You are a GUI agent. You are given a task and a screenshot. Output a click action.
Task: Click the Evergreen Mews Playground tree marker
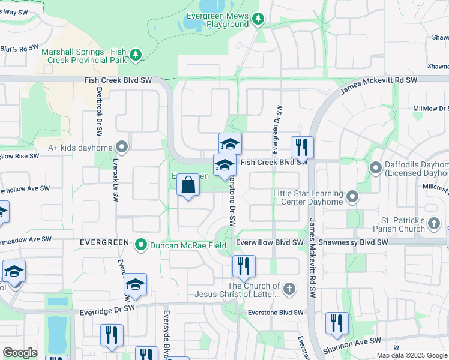[258, 19]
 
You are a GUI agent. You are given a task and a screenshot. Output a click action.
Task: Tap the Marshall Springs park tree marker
[136, 55]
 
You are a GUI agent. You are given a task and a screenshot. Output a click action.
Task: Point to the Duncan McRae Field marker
[141, 245]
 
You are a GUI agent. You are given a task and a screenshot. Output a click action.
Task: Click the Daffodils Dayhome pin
[376, 167]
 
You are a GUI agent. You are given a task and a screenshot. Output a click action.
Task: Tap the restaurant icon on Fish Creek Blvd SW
[301, 147]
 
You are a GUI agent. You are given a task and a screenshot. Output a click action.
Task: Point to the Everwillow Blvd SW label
[270, 242]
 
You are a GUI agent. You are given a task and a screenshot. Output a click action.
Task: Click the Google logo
[20, 352]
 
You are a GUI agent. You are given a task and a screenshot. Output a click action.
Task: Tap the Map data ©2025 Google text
[411, 355]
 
